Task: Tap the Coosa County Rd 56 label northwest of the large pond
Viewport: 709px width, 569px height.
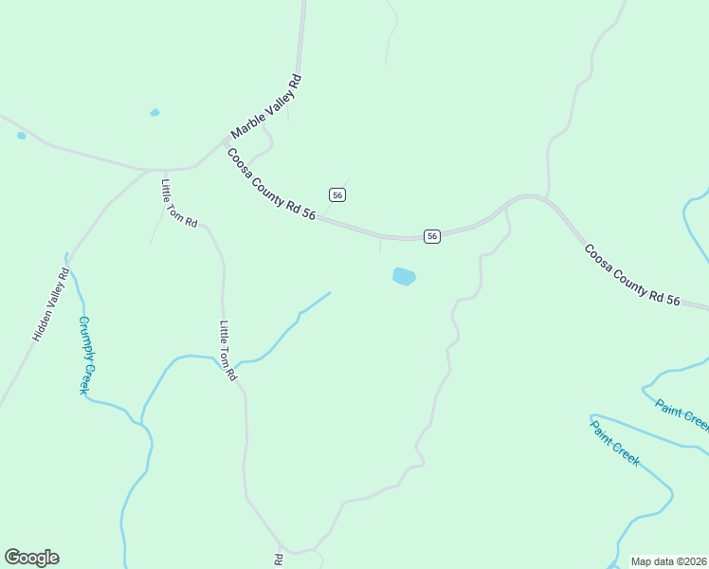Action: click(271, 185)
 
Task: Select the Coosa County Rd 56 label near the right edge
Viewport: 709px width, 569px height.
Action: click(632, 276)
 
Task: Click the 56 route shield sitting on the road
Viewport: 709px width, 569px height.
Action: click(431, 236)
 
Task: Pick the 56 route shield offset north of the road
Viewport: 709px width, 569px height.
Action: click(337, 194)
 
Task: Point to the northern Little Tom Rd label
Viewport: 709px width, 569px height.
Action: click(179, 204)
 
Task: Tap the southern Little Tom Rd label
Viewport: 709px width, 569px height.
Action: click(227, 351)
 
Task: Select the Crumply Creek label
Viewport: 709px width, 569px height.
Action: click(88, 355)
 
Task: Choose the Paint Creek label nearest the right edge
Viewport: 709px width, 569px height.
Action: click(682, 413)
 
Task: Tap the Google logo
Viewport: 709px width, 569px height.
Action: click(31, 558)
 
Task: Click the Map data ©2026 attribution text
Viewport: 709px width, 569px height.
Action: click(669, 561)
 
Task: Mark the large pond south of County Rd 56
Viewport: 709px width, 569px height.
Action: click(404, 277)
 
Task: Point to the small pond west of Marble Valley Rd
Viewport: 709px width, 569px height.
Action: click(155, 113)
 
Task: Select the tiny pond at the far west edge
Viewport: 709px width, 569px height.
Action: click(21, 136)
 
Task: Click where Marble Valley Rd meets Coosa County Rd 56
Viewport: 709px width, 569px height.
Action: click(226, 142)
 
